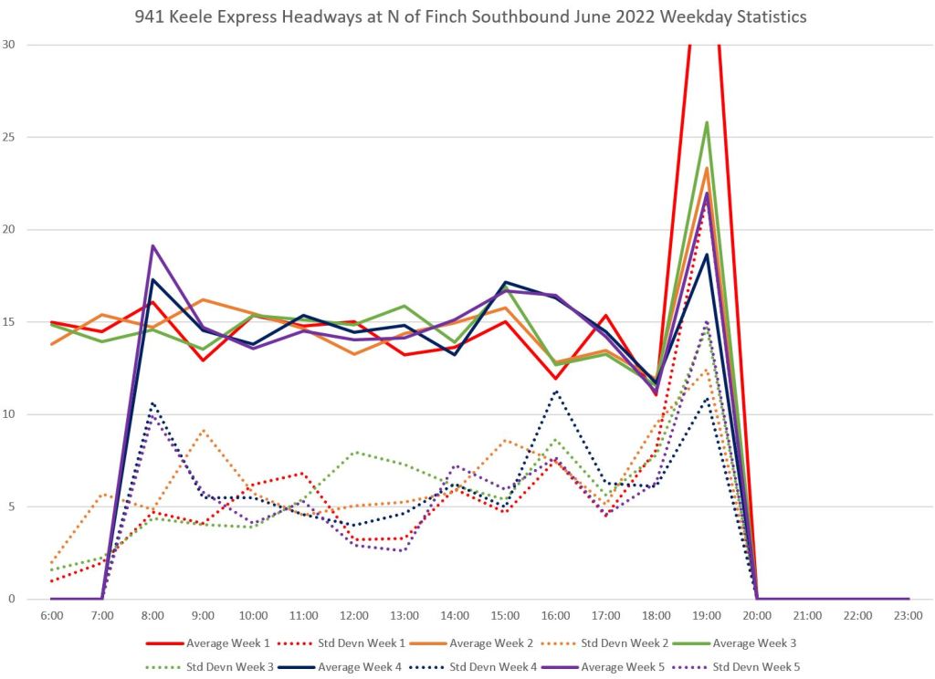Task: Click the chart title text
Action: pyautogui.click(x=467, y=17)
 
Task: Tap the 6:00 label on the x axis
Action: pyautogui.click(x=52, y=616)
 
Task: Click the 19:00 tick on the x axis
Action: pyautogui.click(x=707, y=616)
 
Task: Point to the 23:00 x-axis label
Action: pyautogui.click(x=909, y=616)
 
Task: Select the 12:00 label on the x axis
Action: pyautogui.click(x=354, y=616)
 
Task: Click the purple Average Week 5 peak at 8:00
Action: pyautogui.click(x=152, y=245)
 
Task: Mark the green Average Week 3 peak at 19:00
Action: pyautogui.click(x=707, y=122)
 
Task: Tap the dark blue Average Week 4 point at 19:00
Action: pyautogui.click(x=707, y=255)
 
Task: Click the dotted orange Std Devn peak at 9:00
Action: pyautogui.click(x=203, y=430)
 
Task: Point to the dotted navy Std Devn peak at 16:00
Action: pyautogui.click(x=555, y=392)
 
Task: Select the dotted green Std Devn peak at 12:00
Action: pyautogui.click(x=354, y=452)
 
